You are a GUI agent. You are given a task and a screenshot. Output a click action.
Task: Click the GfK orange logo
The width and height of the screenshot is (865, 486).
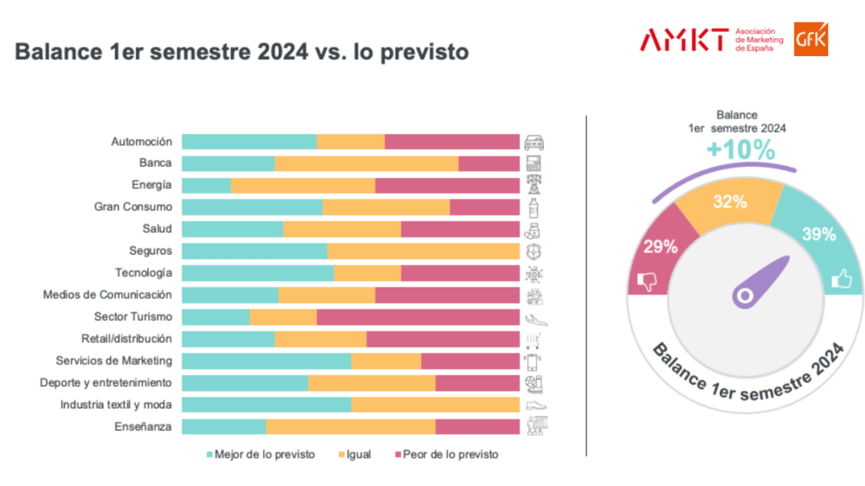811,39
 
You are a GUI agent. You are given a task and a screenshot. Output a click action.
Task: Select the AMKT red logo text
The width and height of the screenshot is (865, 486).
684,40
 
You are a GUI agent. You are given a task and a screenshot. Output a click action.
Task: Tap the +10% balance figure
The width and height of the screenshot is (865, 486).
740,150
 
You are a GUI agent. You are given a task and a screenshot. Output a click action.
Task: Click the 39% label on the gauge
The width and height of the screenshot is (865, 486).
818,234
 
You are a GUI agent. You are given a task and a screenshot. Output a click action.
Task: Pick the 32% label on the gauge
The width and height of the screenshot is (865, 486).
730,201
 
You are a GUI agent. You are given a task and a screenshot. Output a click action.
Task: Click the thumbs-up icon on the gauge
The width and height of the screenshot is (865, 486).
841,279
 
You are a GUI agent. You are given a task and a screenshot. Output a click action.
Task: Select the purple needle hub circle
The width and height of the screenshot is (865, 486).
743,296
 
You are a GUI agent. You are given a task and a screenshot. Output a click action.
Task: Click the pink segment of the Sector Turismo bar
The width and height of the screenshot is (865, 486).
418,317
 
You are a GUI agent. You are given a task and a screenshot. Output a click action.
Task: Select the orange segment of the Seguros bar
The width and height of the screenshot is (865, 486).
423,251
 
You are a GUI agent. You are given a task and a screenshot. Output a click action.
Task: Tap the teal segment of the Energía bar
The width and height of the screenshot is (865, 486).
206,185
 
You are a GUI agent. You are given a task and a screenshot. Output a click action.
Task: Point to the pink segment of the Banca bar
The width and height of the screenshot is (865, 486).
489,164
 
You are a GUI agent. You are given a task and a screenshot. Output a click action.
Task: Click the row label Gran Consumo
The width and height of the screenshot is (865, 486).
132,207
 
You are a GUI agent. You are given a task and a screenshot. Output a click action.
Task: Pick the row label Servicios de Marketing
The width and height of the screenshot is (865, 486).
114,361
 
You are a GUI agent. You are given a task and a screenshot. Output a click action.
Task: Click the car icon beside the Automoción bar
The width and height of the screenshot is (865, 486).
535,142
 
